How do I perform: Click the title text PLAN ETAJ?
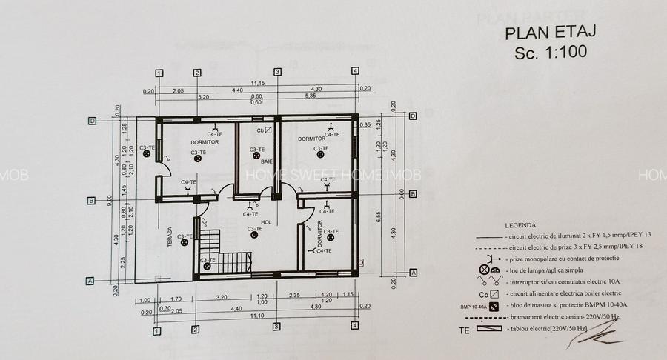pyautogui.click(x=550, y=33)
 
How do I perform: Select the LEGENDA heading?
pyautogui.click(x=521, y=224)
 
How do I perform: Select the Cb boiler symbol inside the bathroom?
pyautogui.click(x=263, y=130)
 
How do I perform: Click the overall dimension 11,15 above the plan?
pyautogui.click(x=257, y=83)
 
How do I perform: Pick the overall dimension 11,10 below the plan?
pyautogui.click(x=257, y=316)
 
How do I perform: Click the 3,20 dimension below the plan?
pyautogui.click(x=221, y=296)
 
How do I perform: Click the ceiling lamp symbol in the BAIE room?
pyautogui.click(x=254, y=158)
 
